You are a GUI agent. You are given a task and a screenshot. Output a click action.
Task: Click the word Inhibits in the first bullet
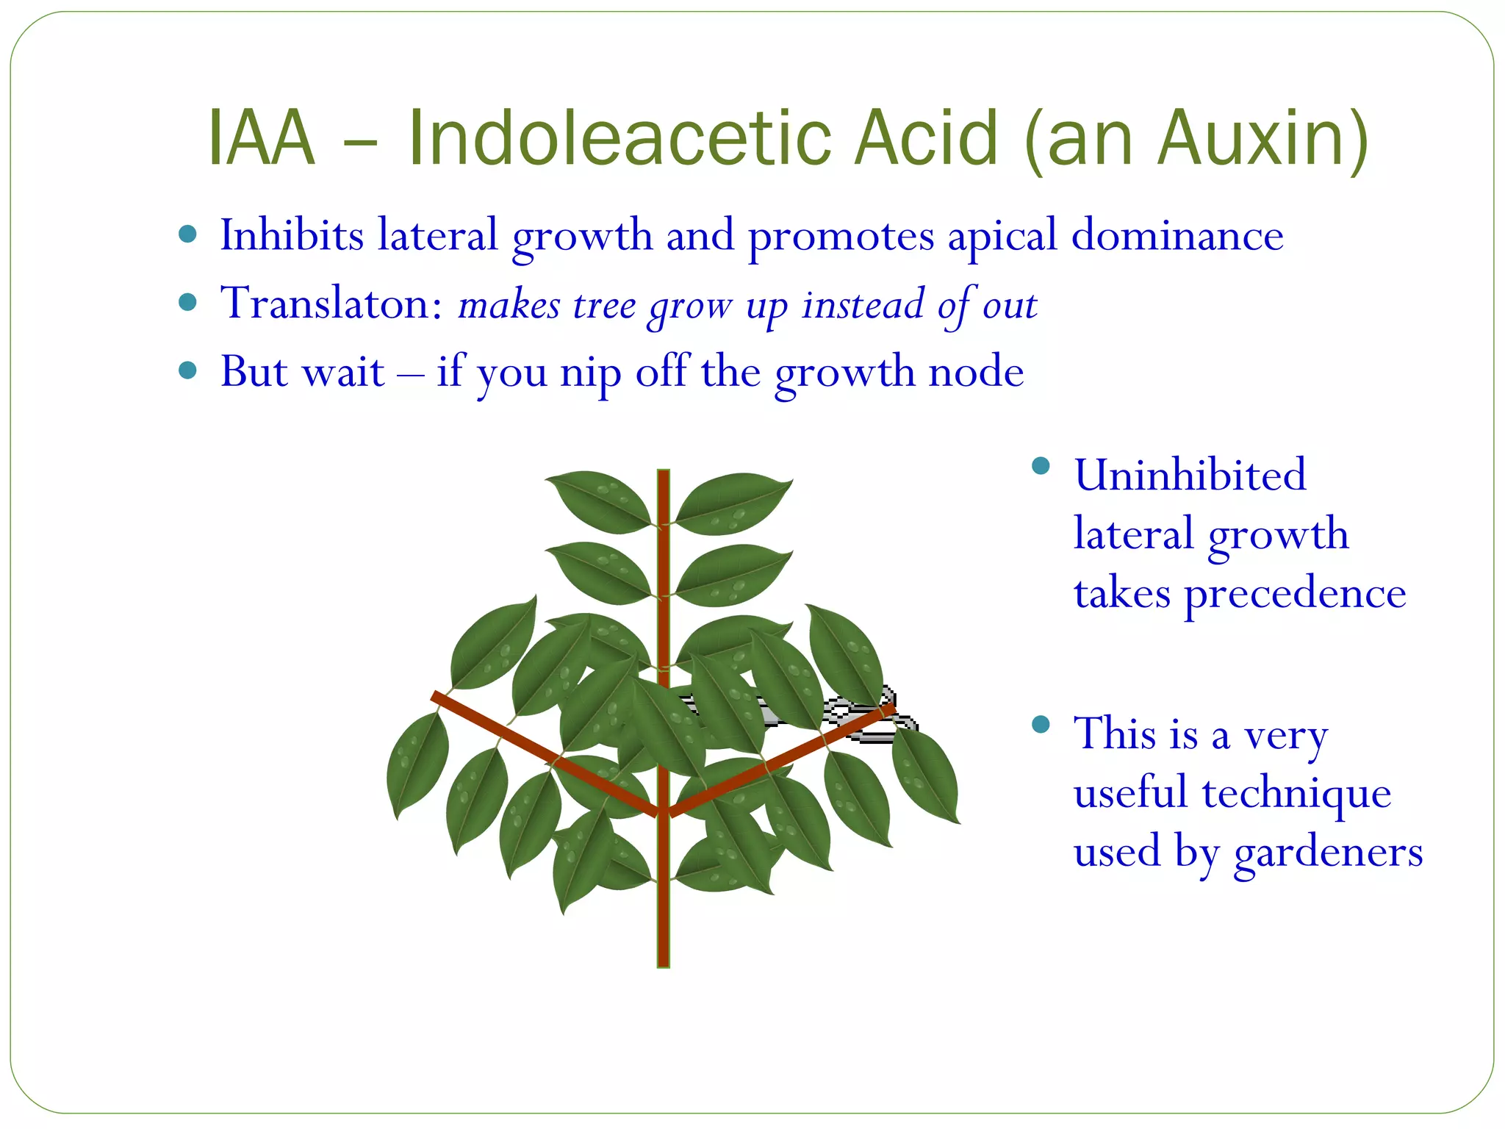point(292,235)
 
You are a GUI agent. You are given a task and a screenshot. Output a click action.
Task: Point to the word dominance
point(1177,235)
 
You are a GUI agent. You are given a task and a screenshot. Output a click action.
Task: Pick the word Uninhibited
point(1190,474)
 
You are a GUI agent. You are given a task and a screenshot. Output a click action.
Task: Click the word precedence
point(1295,593)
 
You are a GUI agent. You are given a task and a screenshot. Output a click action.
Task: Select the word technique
point(1296,793)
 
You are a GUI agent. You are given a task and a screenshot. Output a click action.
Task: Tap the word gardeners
point(1329,852)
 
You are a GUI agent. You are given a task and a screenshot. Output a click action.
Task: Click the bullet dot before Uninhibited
point(1041,466)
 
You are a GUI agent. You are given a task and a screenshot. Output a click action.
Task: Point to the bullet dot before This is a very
point(1041,725)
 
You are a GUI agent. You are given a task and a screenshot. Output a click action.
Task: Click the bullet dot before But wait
point(188,370)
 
